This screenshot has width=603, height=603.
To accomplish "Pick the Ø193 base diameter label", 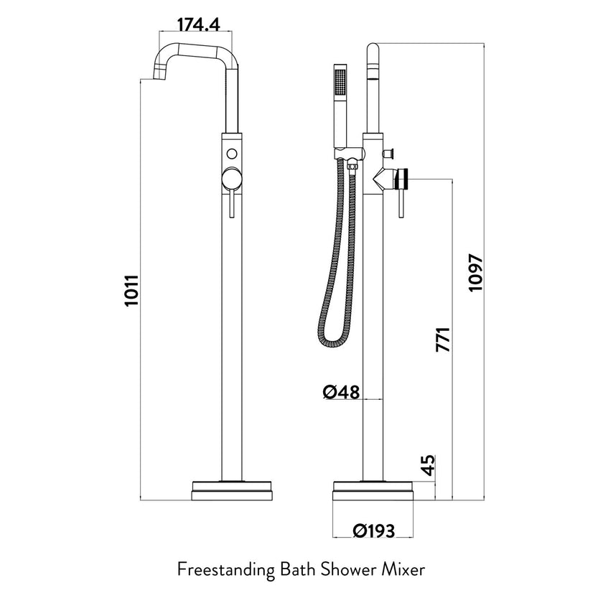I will click(x=373, y=531).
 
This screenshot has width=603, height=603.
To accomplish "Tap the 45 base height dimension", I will click(x=429, y=465).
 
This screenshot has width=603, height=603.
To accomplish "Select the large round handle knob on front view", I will click(x=232, y=178).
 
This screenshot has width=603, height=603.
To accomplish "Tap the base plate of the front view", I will click(x=232, y=490).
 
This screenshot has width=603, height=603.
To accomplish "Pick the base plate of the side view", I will click(x=373, y=490).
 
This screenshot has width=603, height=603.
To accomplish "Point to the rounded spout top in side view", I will click(x=373, y=50).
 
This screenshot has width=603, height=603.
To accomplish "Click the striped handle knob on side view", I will click(x=403, y=177).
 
